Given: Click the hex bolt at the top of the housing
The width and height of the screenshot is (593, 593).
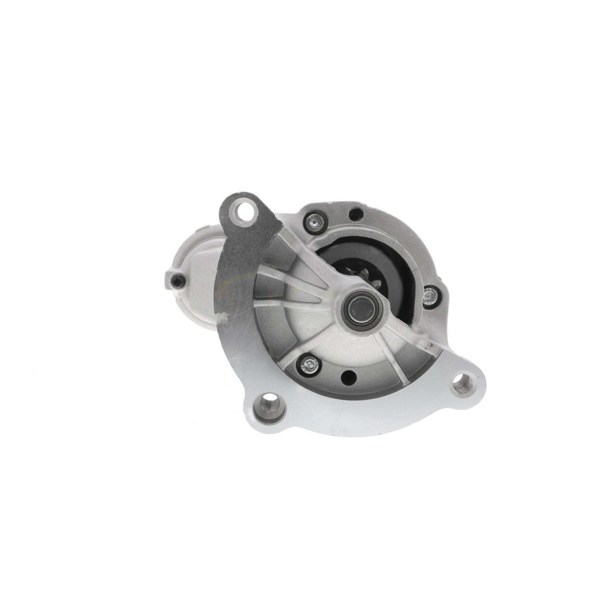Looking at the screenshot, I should (313, 222).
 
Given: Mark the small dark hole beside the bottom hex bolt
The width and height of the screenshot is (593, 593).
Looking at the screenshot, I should (349, 364).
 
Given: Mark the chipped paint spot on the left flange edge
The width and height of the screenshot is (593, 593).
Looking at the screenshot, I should (224, 316).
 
